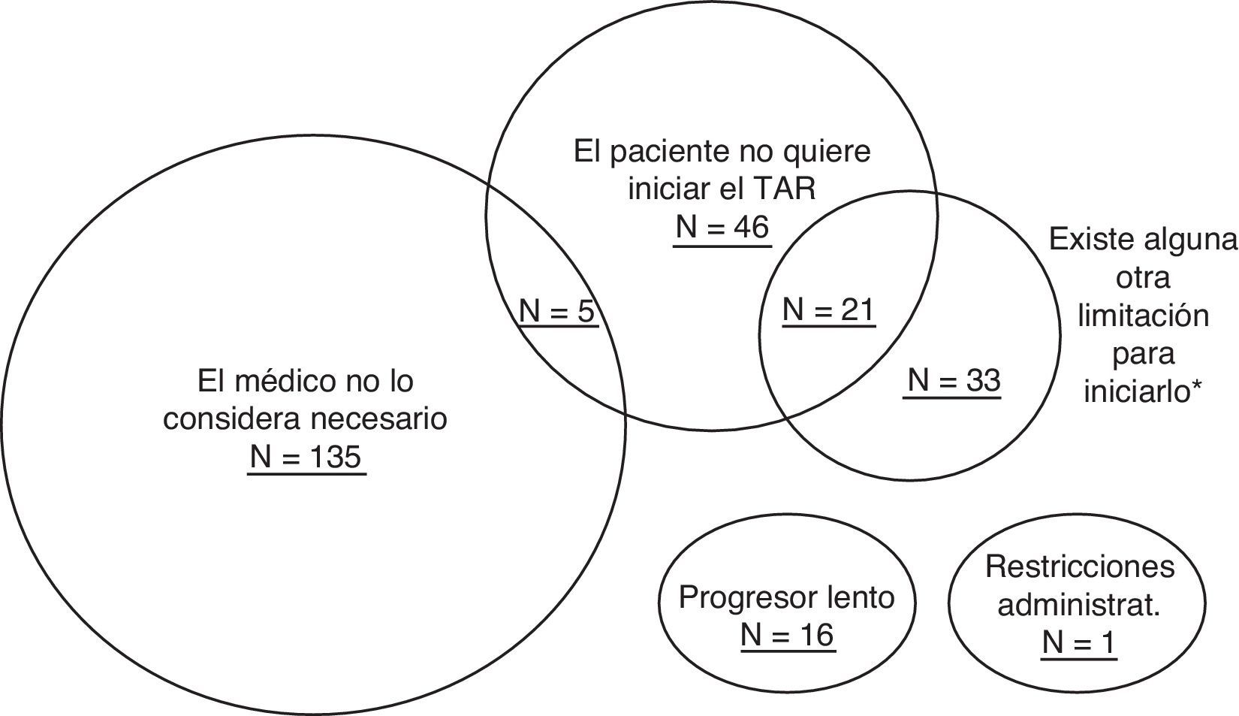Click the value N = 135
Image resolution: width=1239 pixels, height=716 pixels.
[x=306, y=457]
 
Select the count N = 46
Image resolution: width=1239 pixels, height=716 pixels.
[x=722, y=226]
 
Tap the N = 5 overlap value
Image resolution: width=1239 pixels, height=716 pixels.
[x=556, y=310]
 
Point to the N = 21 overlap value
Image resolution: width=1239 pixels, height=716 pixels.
[x=828, y=309]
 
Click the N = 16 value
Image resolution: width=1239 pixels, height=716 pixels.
[x=787, y=635]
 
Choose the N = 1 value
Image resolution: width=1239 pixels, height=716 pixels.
[x=1079, y=642]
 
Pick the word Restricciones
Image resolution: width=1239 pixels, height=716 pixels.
[x=1079, y=566]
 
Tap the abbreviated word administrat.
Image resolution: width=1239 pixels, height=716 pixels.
[x=1079, y=605]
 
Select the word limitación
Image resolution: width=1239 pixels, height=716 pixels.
[x=1143, y=315]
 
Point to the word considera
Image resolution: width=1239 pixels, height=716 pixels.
[x=227, y=418]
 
